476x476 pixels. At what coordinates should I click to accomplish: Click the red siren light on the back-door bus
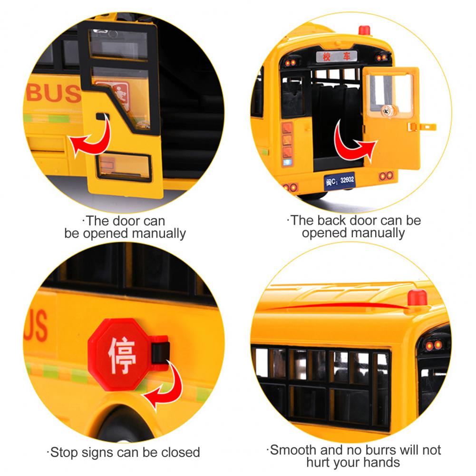point(364,30)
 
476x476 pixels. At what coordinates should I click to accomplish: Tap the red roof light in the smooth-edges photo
point(417,298)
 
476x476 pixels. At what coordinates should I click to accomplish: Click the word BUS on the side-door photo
point(54,93)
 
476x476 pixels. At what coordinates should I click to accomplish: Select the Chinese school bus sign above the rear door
point(336,57)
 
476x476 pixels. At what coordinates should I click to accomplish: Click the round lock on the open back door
point(387,111)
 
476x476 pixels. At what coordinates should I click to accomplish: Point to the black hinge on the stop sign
point(160,353)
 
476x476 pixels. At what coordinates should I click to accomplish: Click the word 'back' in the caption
point(331,220)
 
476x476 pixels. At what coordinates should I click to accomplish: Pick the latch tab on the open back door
point(422,126)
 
